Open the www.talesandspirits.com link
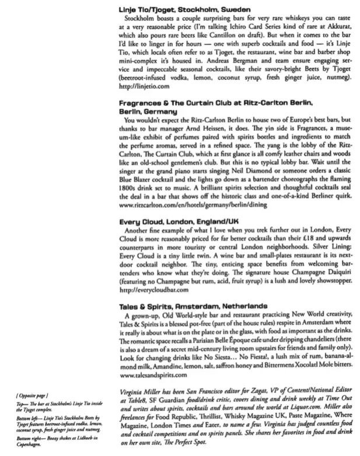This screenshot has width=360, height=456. pyautogui.click(x=153, y=375)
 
